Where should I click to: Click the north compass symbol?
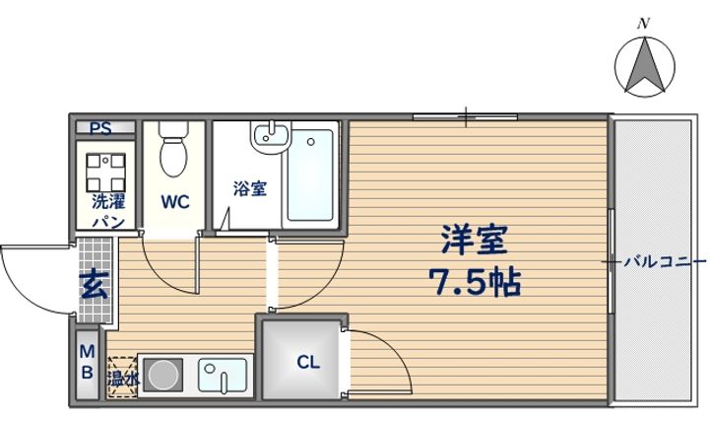click(645, 66)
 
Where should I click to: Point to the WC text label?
click(175, 202)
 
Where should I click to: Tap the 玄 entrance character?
click(95, 287)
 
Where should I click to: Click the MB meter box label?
click(87, 362)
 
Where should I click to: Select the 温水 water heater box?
click(123, 376)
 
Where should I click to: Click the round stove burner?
click(164, 376)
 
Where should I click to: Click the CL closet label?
click(308, 362)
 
